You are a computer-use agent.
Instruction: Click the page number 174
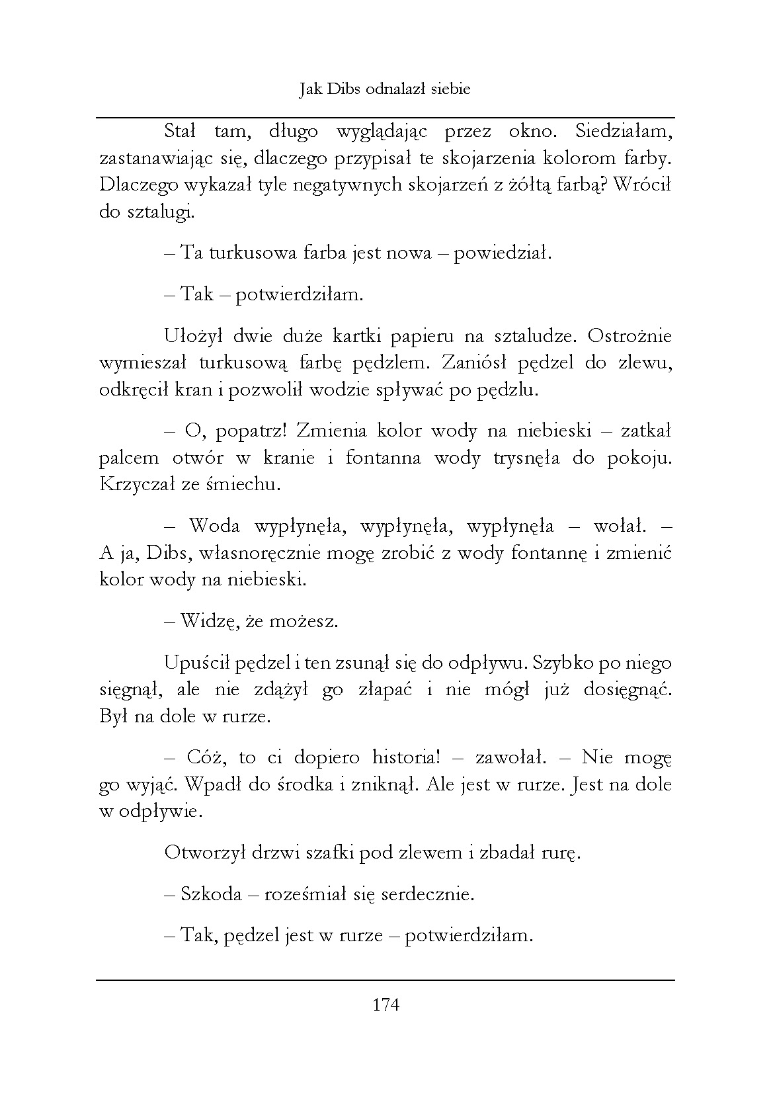click(x=386, y=1005)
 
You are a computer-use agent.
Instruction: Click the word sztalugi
click(x=159, y=212)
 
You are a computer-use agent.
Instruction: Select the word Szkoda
click(x=211, y=895)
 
